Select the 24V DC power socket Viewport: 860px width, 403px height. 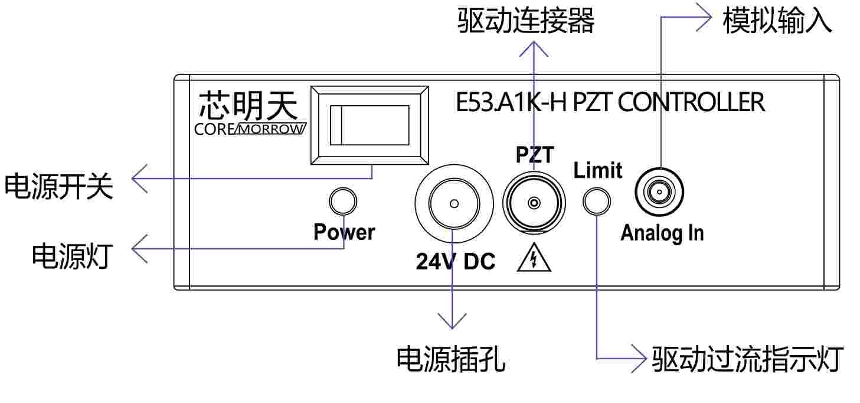point(453,204)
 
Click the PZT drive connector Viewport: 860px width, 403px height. point(534,203)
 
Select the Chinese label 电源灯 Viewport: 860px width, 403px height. point(71,256)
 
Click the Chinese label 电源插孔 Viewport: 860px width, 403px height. point(450,359)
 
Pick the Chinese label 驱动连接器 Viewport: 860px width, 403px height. point(525,22)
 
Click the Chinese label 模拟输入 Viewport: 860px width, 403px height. point(777,22)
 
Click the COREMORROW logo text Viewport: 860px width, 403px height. point(250,129)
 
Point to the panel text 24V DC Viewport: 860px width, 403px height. point(455,261)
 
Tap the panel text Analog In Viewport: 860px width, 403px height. point(662,233)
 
